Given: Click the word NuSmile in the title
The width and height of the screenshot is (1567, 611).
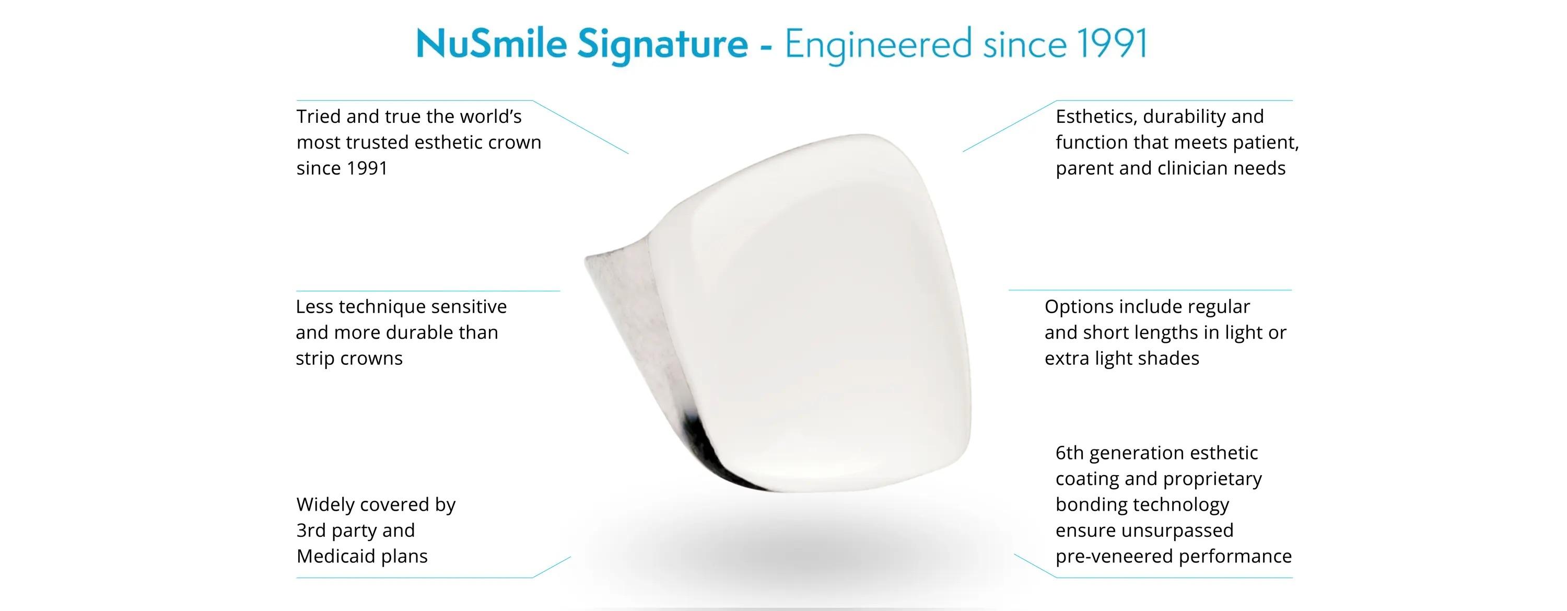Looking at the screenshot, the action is pyautogui.click(x=492, y=44).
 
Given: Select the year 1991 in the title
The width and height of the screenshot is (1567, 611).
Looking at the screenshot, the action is pyautogui.click(x=1112, y=44).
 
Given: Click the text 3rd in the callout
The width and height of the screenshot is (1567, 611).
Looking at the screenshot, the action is pyautogui.click(x=311, y=530).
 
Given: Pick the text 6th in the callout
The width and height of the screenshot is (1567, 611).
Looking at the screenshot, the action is pyautogui.click(x=1069, y=453).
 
